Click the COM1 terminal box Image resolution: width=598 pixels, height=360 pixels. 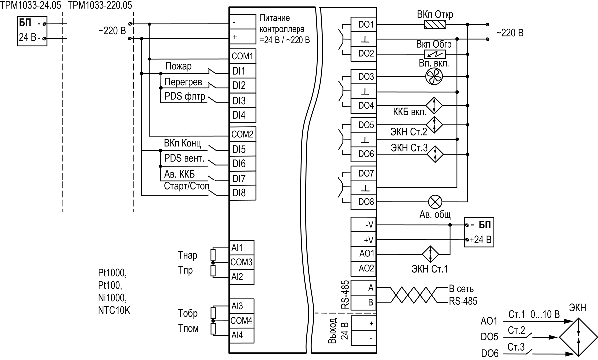click(242, 56)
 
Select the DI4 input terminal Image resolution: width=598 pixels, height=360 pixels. click(242, 115)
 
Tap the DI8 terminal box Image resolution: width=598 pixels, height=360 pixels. click(242, 193)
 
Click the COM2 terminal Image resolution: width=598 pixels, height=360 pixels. click(242, 134)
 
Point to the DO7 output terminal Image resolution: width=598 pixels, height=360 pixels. click(364, 174)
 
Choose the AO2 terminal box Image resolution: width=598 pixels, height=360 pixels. click(364, 268)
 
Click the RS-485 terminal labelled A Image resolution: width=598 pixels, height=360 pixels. click(364, 288)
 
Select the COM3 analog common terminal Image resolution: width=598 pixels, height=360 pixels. click(241, 262)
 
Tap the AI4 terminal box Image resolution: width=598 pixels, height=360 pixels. click(241, 335)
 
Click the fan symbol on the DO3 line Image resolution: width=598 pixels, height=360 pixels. click(434, 76)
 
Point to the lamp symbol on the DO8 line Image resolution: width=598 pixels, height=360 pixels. click(435, 202)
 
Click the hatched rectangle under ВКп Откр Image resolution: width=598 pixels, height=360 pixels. click(435, 25)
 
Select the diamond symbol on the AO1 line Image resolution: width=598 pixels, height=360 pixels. click(431, 254)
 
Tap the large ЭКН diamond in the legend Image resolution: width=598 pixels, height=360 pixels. click(578, 337)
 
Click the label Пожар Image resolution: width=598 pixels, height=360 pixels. click(178, 66)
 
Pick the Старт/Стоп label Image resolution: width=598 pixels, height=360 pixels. click(186, 186)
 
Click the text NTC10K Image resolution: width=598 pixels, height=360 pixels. click(114, 310)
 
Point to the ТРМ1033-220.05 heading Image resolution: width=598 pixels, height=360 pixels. click(100, 5)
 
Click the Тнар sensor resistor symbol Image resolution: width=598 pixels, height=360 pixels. click(213, 255)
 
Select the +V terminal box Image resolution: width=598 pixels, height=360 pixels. click(364, 239)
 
